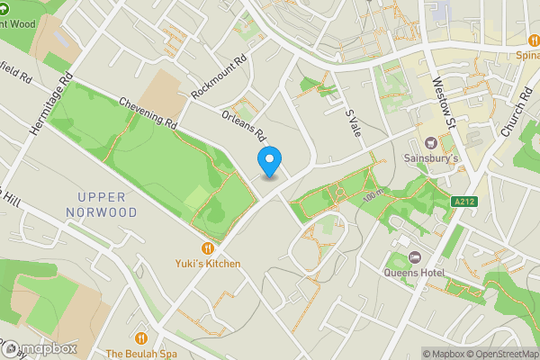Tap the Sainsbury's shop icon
click(x=429, y=142)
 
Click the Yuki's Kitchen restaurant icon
click(x=208, y=247)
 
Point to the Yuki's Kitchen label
click(x=208, y=264)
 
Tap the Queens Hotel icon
click(x=414, y=256)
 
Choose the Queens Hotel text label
click(x=414, y=273)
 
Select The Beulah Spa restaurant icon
click(x=141, y=338)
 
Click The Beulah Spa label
click(x=141, y=354)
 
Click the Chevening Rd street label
click(x=148, y=112)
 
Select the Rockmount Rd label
click(x=219, y=79)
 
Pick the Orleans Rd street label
click(x=243, y=125)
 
